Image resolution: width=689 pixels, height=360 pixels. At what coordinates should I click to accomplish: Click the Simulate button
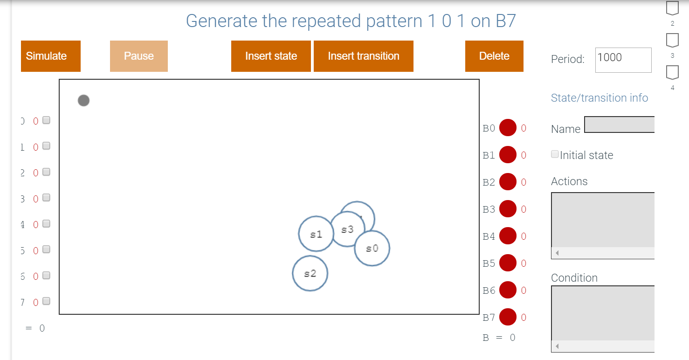click(50, 56)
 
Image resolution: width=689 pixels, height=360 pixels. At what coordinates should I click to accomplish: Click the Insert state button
click(271, 56)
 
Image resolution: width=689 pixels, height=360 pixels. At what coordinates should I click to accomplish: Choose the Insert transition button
click(363, 56)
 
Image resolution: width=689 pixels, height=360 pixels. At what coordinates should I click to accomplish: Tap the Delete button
click(494, 56)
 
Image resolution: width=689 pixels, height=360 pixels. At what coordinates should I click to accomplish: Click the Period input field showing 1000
click(623, 60)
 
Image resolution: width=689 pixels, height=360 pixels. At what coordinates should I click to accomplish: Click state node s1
click(314, 234)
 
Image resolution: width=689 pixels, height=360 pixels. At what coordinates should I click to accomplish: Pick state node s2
click(310, 273)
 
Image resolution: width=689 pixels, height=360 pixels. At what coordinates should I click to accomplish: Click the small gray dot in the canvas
click(83, 100)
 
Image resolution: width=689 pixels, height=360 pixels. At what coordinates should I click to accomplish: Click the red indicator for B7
click(508, 318)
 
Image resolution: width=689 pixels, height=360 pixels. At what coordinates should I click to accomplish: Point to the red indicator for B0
click(508, 128)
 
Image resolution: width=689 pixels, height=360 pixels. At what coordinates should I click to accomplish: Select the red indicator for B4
click(508, 236)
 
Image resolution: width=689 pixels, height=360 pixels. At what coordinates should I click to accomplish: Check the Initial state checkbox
click(555, 154)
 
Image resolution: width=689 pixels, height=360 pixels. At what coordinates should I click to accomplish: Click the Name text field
click(619, 125)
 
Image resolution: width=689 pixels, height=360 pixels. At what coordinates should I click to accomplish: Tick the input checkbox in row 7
click(46, 301)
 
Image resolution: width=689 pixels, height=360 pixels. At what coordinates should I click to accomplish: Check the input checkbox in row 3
click(46, 198)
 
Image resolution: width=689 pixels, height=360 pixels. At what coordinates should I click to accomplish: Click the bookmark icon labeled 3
click(672, 41)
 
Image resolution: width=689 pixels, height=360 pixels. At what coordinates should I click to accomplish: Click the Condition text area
click(603, 312)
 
